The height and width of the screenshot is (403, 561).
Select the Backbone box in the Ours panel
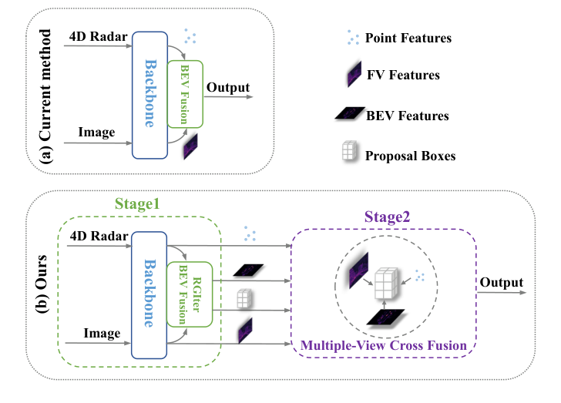pos(149,292)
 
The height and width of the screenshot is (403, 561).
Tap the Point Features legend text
pos(409,38)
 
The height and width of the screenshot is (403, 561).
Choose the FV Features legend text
pos(405,76)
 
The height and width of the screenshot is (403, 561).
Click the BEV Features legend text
pos(408,116)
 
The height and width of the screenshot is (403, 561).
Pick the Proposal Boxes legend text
pos(412,156)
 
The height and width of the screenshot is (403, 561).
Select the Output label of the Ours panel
pos(501,284)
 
